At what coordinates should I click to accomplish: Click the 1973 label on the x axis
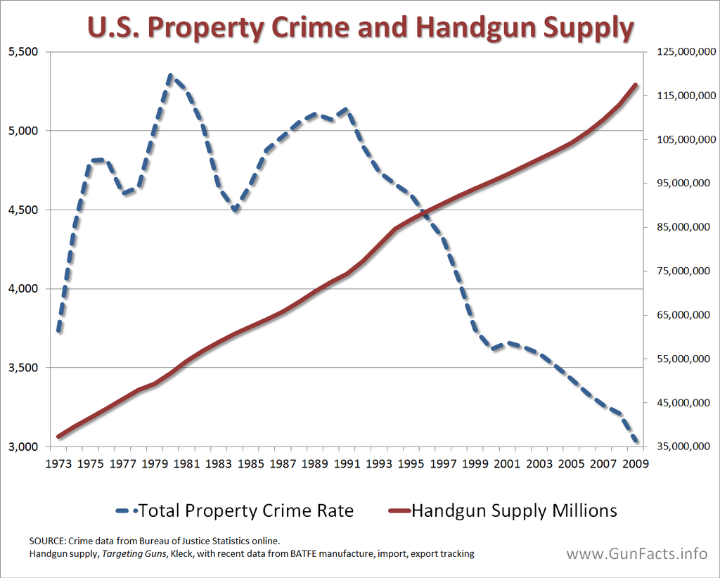pos(59,464)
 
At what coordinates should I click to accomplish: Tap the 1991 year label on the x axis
pos(347,464)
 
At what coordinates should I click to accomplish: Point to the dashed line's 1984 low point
pos(235,210)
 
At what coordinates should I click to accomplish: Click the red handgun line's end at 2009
pos(636,85)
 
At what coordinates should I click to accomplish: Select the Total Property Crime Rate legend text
pos(246,510)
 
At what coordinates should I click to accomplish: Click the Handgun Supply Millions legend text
pos(514,510)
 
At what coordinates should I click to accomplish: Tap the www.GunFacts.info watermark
pos(637,553)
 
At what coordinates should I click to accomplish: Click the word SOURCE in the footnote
pos(46,541)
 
